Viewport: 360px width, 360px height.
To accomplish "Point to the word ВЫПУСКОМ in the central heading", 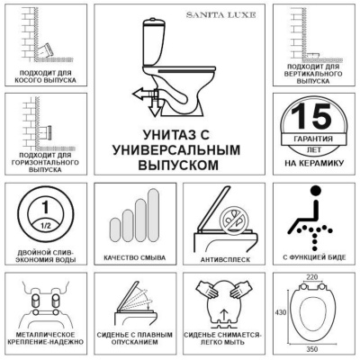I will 183,166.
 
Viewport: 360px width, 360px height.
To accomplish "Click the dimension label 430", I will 280,311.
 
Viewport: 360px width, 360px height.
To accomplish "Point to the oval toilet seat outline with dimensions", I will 310,311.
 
